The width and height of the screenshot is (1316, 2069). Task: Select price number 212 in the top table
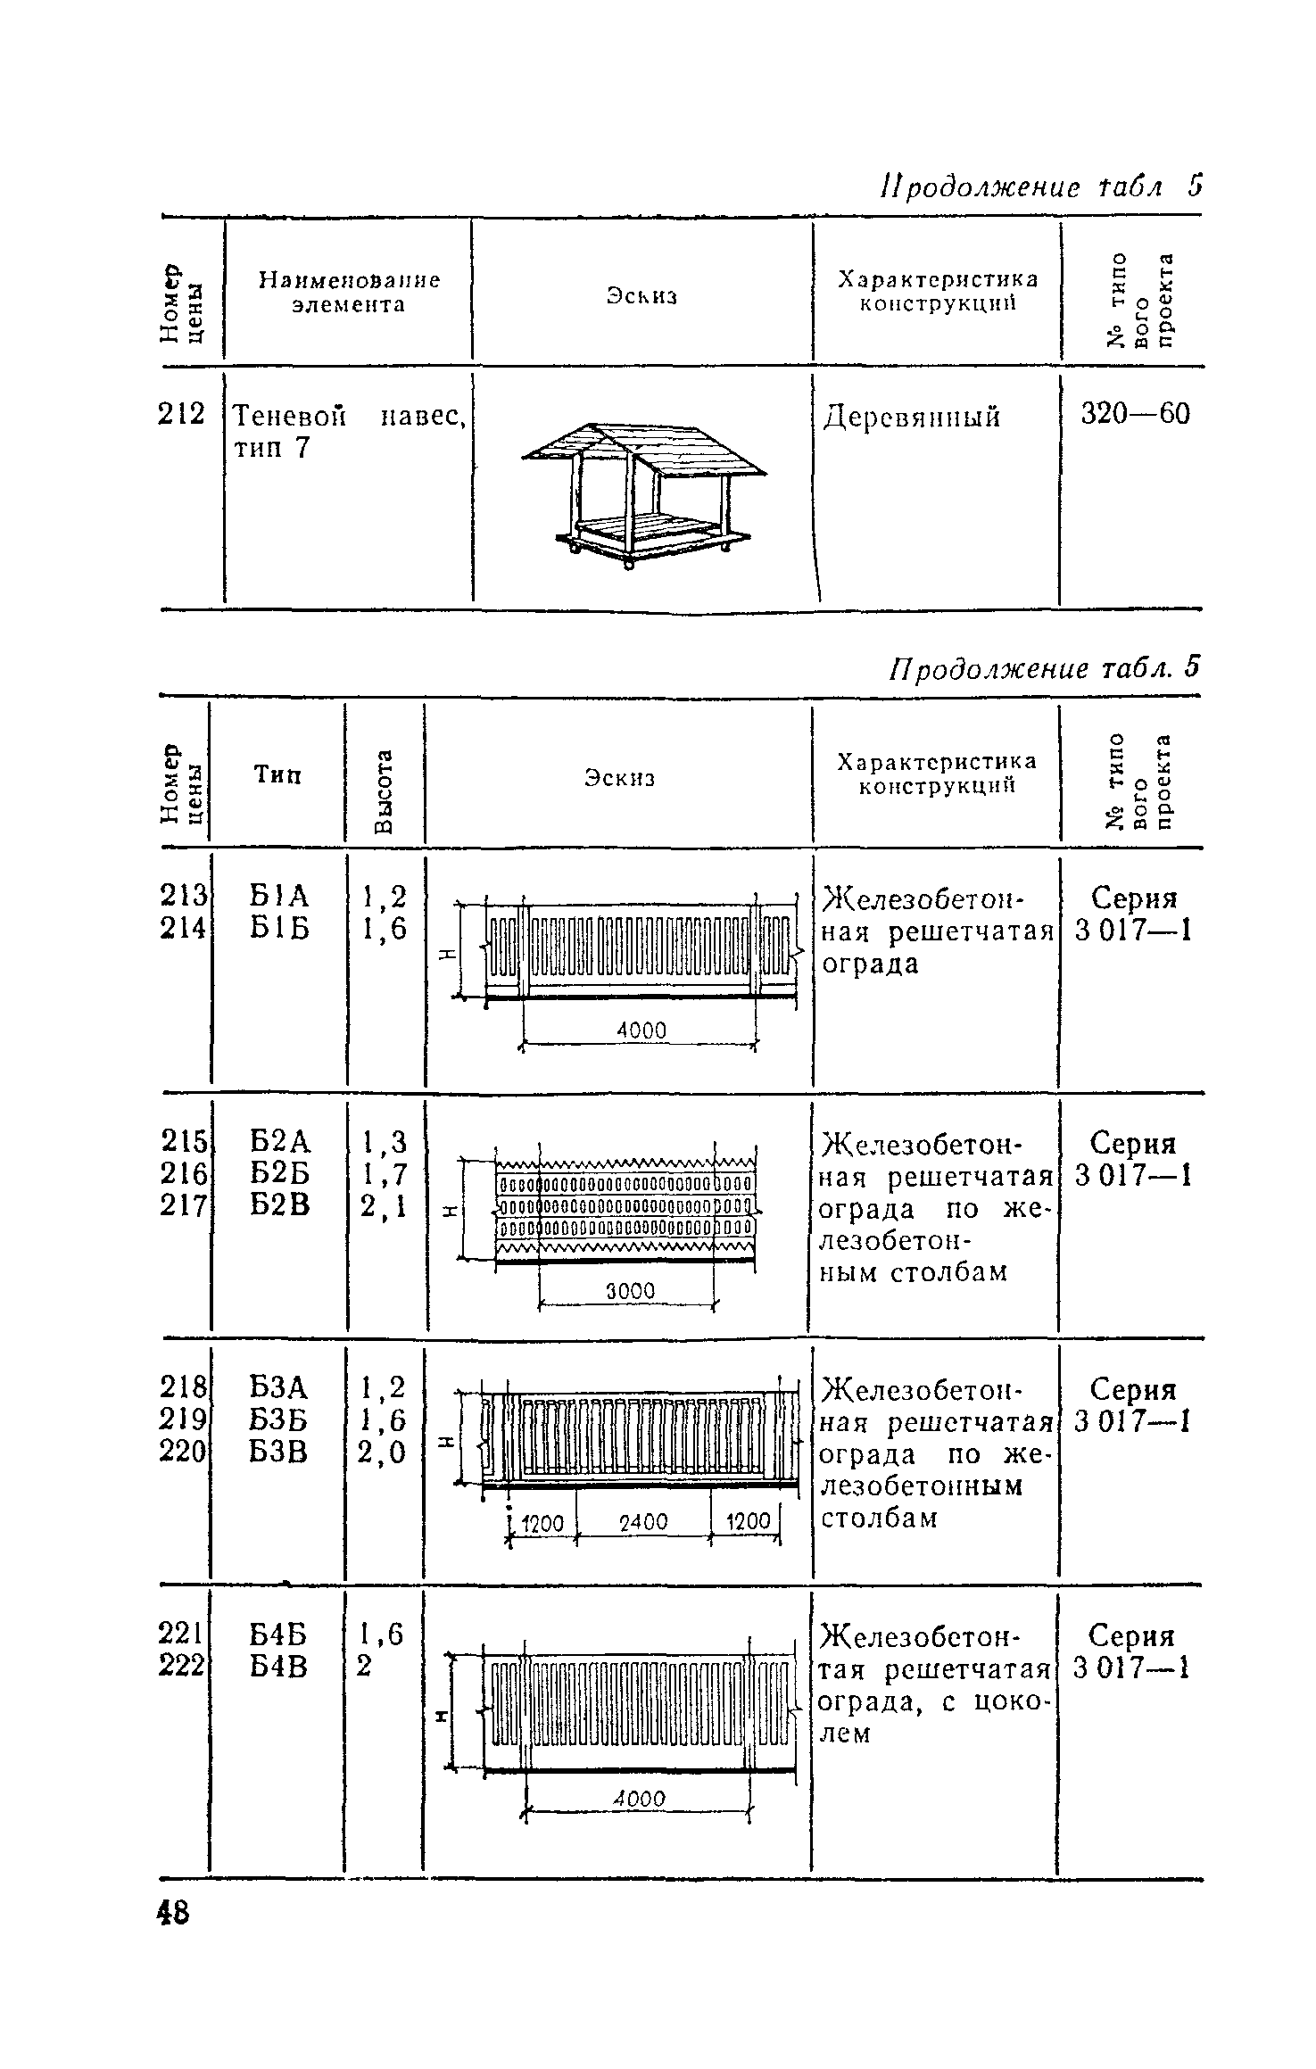click(x=181, y=415)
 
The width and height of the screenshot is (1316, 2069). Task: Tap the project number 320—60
click(x=1135, y=415)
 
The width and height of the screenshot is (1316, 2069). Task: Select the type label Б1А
click(x=278, y=896)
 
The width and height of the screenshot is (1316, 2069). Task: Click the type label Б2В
click(x=279, y=1205)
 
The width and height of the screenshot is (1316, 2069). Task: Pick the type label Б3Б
click(x=278, y=1419)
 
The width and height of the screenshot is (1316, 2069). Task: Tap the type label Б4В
click(x=278, y=1666)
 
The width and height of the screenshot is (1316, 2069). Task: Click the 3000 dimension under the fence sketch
click(x=631, y=1291)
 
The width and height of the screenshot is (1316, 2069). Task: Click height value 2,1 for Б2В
click(x=384, y=1207)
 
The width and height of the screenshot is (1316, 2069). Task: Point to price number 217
click(x=184, y=1205)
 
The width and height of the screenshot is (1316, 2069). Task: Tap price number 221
click(x=181, y=1634)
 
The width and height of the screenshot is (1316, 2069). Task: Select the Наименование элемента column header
click(x=349, y=292)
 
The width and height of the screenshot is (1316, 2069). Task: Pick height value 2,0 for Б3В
click(x=383, y=1452)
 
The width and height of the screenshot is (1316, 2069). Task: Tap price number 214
click(x=184, y=929)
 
